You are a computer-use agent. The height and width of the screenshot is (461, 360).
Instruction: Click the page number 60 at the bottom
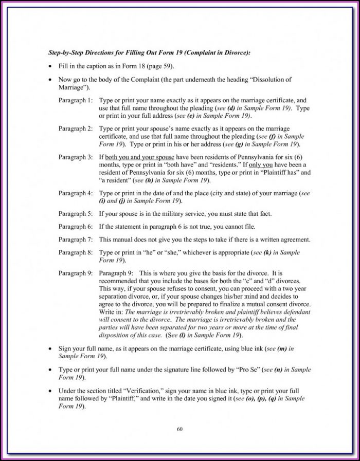point(179,429)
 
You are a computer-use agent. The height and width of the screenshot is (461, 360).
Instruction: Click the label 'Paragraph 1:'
point(76,101)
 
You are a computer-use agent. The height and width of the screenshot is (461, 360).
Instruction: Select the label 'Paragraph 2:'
point(76,128)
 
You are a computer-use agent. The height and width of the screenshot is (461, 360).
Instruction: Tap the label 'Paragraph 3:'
point(76,156)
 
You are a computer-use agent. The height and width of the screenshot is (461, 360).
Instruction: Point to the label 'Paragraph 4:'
point(76,193)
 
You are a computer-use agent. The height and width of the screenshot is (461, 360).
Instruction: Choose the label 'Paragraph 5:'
point(76,213)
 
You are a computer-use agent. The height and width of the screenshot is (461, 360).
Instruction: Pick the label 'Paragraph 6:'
point(76,227)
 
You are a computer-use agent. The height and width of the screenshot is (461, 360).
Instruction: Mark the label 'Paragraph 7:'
point(76,240)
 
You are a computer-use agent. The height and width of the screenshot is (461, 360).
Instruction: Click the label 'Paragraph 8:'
point(76,253)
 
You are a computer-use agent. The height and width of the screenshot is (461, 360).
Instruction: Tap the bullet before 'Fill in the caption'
point(49,67)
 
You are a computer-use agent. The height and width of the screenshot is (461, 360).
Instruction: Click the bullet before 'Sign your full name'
point(49,349)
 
